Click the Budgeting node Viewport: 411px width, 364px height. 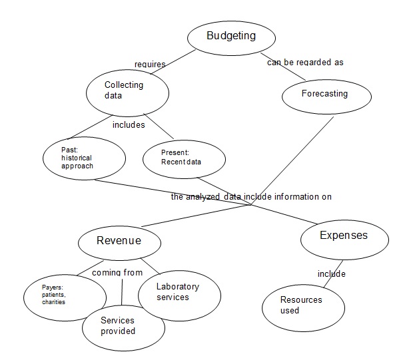click(222, 37)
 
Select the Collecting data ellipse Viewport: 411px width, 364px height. click(125, 91)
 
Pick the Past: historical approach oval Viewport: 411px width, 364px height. click(83, 160)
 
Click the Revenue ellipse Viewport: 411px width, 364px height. click(119, 241)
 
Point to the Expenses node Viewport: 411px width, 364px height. click(343, 236)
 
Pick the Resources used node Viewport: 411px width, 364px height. click(302, 305)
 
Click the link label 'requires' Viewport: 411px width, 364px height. click(150, 65)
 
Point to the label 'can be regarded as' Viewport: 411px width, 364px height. click(305, 63)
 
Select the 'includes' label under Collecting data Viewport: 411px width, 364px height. click(129, 124)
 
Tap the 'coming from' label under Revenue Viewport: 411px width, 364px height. click(117, 273)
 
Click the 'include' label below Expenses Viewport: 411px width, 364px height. click(331, 273)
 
